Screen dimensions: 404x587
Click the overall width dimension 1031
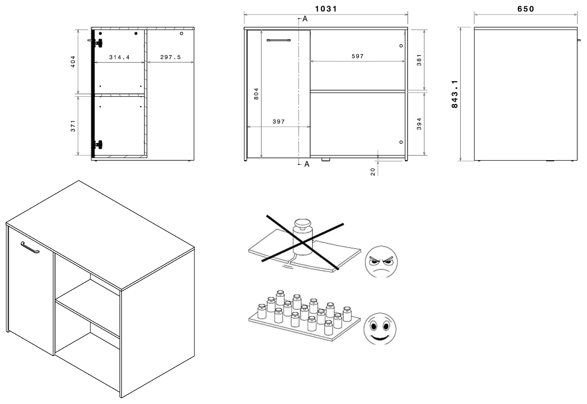click(x=326, y=9)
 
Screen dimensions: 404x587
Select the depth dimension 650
click(x=525, y=9)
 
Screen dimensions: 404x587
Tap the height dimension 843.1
click(x=455, y=94)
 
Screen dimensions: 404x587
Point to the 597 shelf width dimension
click(x=358, y=56)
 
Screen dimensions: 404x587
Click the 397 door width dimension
click(x=278, y=122)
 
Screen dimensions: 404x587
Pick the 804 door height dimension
click(x=256, y=94)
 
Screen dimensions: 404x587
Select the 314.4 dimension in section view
click(x=119, y=57)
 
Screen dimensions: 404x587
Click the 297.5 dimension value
click(x=170, y=57)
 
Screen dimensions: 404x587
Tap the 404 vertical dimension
click(x=73, y=62)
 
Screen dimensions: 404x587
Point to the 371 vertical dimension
click(x=73, y=126)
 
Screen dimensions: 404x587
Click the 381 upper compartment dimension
click(x=419, y=60)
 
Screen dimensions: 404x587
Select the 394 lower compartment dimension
click(x=419, y=124)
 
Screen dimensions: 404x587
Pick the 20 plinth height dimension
click(x=373, y=172)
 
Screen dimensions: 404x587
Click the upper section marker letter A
click(x=305, y=19)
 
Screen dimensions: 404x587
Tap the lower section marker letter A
click(x=306, y=164)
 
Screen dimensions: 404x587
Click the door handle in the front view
click(x=278, y=40)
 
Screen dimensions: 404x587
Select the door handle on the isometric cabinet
click(x=30, y=247)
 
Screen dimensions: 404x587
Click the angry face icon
click(x=381, y=262)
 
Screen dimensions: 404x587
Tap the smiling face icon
click(x=380, y=328)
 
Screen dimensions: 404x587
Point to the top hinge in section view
click(x=98, y=43)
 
